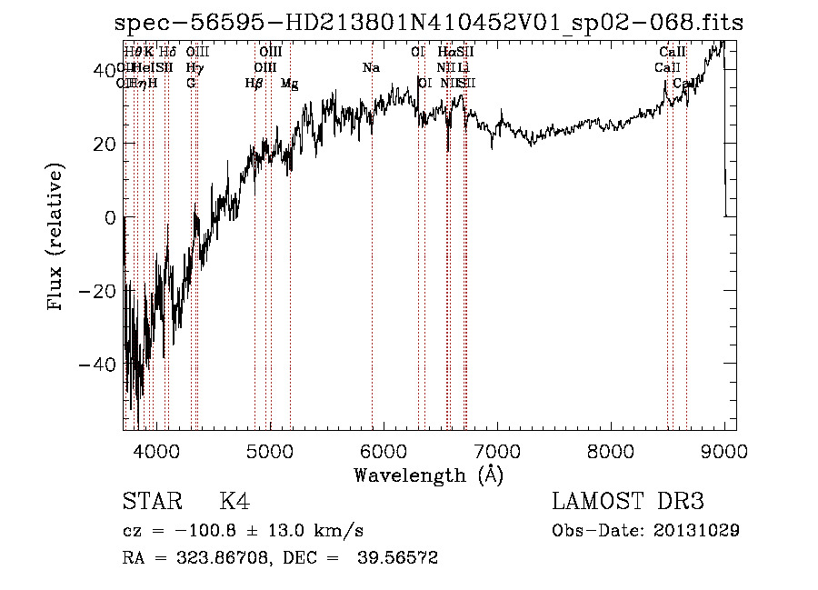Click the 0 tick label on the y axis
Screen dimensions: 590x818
coord(109,217)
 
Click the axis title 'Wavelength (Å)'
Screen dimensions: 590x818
coord(428,475)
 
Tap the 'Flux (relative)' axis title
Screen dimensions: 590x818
coord(56,237)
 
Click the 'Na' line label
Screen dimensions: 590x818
coord(371,68)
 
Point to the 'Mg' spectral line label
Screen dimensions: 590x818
coord(289,84)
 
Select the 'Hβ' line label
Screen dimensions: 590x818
coord(254,84)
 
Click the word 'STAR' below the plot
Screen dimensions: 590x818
coord(152,503)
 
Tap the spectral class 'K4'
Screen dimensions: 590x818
coord(234,503)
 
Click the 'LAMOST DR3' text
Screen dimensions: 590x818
coord(628,503)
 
